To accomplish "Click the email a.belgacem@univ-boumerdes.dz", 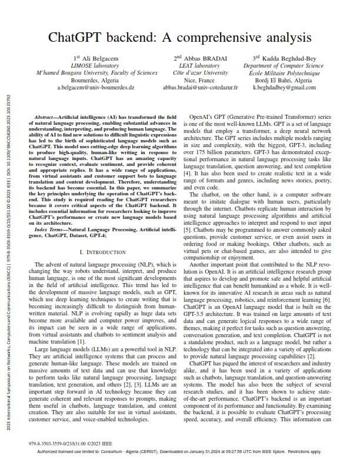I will tap(96, 87).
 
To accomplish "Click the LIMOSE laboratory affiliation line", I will tap(96, 66).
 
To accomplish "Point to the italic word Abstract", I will tap(46, 118).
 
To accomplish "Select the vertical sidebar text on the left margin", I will tap(6, 235).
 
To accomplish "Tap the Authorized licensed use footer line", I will tap(179, 452).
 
